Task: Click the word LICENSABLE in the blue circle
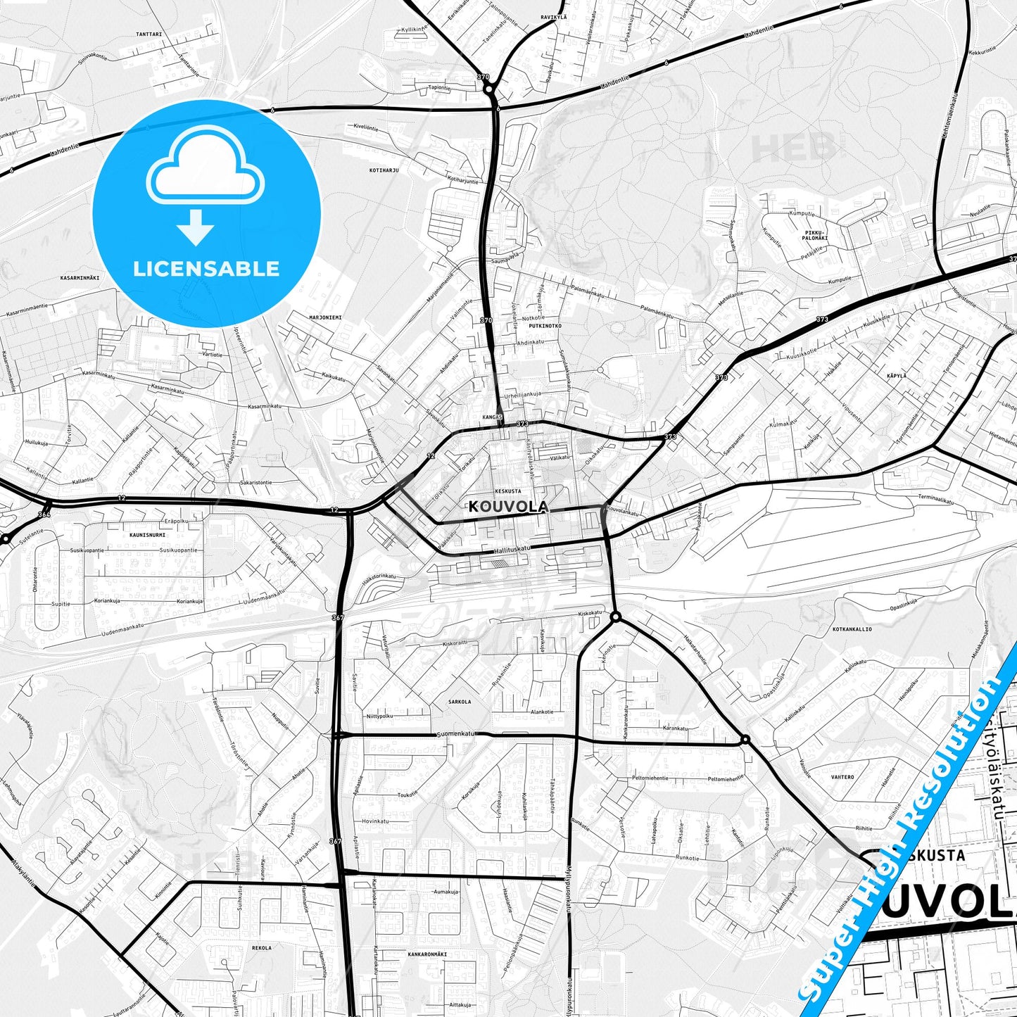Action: pos(206,269)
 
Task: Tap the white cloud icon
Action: pos(205,167)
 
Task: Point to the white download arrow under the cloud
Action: pos(196,227)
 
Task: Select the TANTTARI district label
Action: pos(149,34)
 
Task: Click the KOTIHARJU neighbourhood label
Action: pos(384,170)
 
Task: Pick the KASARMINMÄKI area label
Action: pos(80,278)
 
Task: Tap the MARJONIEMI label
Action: pos(325,317)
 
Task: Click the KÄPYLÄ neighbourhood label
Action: pos(896,377)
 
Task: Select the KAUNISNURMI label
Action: pos(148,535)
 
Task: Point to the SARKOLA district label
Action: pos(460,702)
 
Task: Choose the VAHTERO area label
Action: pos(842,777)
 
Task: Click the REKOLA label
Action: pos(261,948)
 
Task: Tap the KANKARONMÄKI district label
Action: pos(427,954)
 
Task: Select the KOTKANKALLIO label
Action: pos(852,629)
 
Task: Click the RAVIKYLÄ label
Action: pos(553,16)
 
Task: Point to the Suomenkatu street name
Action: pos(456,733)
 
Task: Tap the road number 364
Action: pos(44,514)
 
